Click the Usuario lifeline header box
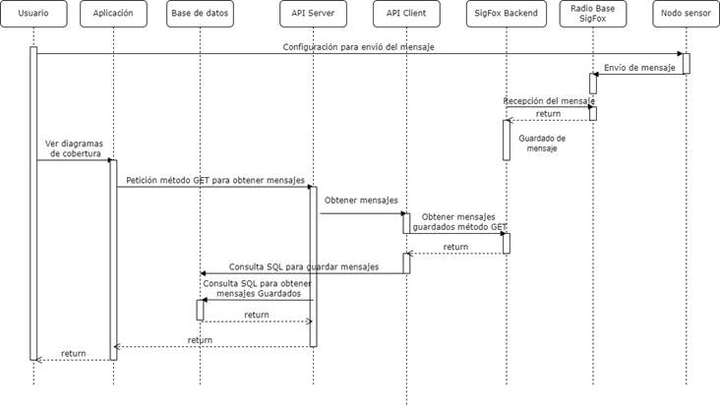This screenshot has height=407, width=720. (33, 14)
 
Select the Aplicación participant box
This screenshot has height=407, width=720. (113, 14)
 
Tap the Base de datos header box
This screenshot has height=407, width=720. (200, 14)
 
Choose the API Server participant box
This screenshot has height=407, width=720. (313, 14)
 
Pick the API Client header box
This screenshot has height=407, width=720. (406, 14)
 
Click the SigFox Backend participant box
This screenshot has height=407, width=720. (506, 14)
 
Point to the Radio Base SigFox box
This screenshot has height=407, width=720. (593, 14)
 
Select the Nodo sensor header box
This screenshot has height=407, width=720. (686, 14)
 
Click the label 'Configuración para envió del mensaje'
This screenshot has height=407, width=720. (359, 47)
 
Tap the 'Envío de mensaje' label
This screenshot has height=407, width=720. (639, 68)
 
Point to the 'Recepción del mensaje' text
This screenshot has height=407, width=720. (549, 100)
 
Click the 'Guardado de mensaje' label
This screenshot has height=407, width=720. (542, 144)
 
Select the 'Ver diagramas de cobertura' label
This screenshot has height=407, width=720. (75, 148)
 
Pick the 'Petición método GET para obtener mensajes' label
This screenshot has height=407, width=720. (215, 180)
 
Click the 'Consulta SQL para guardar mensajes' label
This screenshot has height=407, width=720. (304, 266)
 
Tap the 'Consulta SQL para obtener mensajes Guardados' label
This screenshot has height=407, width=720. (258, 289)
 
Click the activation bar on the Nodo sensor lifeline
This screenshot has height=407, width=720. (687, 64)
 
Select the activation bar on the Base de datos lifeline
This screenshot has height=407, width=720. (201, 311)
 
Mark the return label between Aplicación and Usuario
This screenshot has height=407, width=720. (74, 353)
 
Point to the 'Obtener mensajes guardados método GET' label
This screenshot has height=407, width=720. (459, 221)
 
